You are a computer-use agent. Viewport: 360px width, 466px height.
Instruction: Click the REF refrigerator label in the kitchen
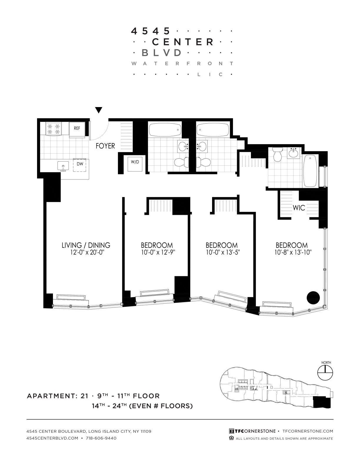coord(77,129)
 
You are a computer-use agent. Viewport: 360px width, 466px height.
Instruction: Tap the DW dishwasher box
coord(80,164)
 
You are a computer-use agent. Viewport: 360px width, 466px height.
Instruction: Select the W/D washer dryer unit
coord(135,162)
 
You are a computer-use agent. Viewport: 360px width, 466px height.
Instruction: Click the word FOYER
coord(105,146)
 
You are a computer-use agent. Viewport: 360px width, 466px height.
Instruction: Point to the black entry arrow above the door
coord(99,110)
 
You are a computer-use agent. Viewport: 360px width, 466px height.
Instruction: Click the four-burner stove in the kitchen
coord(54,129)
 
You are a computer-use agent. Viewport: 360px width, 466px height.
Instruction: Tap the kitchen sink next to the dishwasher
coord(63,166)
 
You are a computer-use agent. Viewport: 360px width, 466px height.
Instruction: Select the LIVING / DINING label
coord(86,245)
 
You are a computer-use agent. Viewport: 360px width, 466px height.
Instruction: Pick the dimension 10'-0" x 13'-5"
coord(221,252)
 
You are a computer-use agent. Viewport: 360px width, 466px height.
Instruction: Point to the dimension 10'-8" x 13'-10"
coord(291,252)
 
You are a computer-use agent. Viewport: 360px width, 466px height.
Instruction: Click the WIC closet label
coord(299,208)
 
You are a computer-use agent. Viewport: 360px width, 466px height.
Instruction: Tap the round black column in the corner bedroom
coord(313,298)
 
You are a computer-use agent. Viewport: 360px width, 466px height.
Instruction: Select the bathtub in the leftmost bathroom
coord(165,129)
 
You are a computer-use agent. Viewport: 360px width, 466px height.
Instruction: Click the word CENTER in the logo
coord(182,42)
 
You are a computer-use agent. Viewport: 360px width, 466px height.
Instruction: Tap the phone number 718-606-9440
coord(101,438)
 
